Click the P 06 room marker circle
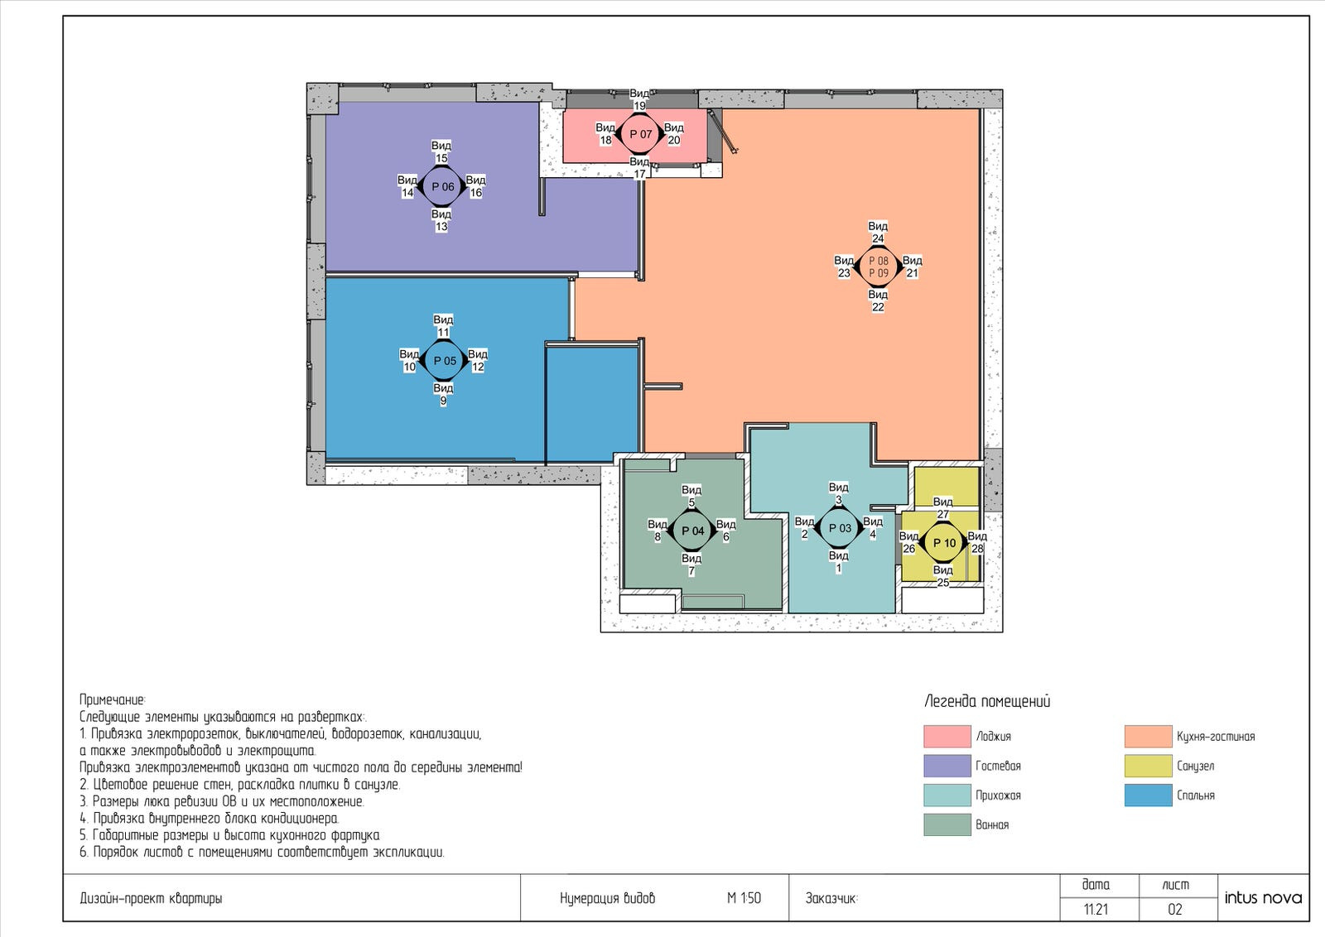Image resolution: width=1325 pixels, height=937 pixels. (x=442, y=187)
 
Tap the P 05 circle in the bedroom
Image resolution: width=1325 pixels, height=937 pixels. (x=444, y=361)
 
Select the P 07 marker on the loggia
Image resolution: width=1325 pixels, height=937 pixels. (x=640, y=134)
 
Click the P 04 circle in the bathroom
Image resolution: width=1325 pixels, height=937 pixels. (x=692, y=531)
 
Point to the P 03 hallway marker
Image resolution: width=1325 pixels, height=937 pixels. (x=840, y=528)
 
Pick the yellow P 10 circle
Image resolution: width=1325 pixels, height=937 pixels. (x=944, y=543)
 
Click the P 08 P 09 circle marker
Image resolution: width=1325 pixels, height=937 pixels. (x=879, y=267)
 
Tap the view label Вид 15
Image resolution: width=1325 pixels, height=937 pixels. (x=441, y=151)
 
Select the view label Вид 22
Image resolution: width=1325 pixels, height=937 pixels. (x=878, y=300)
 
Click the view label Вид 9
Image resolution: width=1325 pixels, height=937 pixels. (x=443, y=394)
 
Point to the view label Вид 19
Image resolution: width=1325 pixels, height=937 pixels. (x=639, y=99)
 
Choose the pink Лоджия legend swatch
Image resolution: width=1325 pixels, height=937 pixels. (x=947, y=736)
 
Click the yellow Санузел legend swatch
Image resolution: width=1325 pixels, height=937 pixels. (x=1148, y=766)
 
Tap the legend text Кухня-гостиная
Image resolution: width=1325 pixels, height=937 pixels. (x=1216, y=737)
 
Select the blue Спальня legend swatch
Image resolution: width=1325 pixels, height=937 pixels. (x=1148, y=795)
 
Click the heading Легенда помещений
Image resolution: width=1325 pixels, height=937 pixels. (x=987, y=702)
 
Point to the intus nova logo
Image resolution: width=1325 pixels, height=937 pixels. (x=1263, y=898)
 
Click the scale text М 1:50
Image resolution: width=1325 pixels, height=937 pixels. (x=744, y=899)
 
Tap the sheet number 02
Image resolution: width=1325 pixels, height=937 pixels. (x=1175, y=909)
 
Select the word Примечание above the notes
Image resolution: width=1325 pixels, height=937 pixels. (x=113, y=700)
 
